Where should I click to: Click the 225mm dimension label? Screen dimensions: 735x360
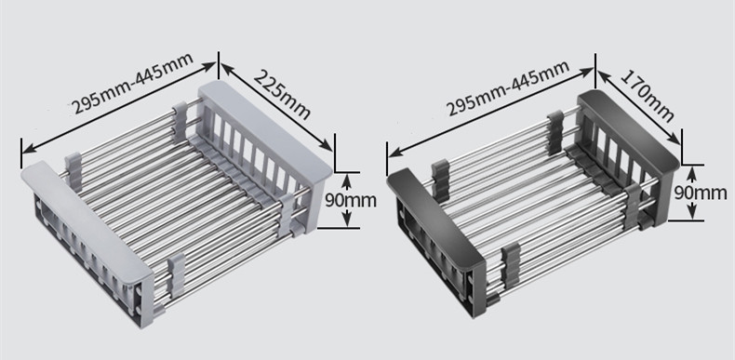282,94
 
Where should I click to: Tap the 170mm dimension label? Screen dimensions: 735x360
648,95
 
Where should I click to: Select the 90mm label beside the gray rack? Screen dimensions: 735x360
350,200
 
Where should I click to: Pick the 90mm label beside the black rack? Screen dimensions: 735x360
701,193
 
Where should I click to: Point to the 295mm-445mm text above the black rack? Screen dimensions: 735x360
508,87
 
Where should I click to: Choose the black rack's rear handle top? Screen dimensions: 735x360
628,130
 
